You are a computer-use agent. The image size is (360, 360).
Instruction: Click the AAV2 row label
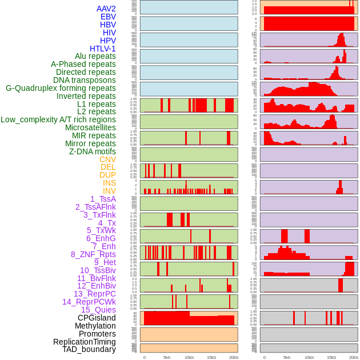pyautogui.click(x=106, y=9)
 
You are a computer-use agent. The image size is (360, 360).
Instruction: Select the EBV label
pyautogui.click(x=108, y=17)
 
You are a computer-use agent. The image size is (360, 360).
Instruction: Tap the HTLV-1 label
pyautogui.click(x=103, y=49)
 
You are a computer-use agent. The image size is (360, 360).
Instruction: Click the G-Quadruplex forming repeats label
pyautogui.click(x=61, y=88)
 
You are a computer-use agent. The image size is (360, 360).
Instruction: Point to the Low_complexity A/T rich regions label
pyautogui.click(x=58, y=119)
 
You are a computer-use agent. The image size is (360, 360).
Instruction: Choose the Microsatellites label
pyautogui.click(x=90, y=127)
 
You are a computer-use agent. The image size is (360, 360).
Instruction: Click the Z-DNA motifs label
pyautogui.click(x=93, y=151)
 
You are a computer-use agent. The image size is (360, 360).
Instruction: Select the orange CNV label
pyautogui.click(x=107, y=159)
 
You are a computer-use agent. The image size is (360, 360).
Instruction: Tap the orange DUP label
pyautogui.click(x=107, y=175)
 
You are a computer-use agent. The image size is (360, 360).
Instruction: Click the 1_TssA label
pyautogui.click(x=103, y=199)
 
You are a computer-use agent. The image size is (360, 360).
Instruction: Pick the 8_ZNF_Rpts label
pyautogui.click(x=93, y=254)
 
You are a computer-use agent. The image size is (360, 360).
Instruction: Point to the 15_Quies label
pyautogui.click(x=98, y=310)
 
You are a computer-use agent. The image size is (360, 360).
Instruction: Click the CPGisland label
pyautogui.click(x=97, y=318)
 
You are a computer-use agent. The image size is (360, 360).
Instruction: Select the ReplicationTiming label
pyautogui.click(x=85, y=342)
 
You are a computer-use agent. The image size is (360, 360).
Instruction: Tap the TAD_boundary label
pyautogui.click(x=89, y=349)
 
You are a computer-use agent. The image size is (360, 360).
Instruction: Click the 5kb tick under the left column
pyautogui.click(x=167, y=357)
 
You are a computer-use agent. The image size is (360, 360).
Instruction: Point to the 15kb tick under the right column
pyautogui.click(x=331, y=357)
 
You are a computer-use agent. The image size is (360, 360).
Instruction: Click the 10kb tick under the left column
pyautogui.click(x=189, y=357)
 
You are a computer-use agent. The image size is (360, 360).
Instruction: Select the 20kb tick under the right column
pyautogui.click(x=354, y=357)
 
